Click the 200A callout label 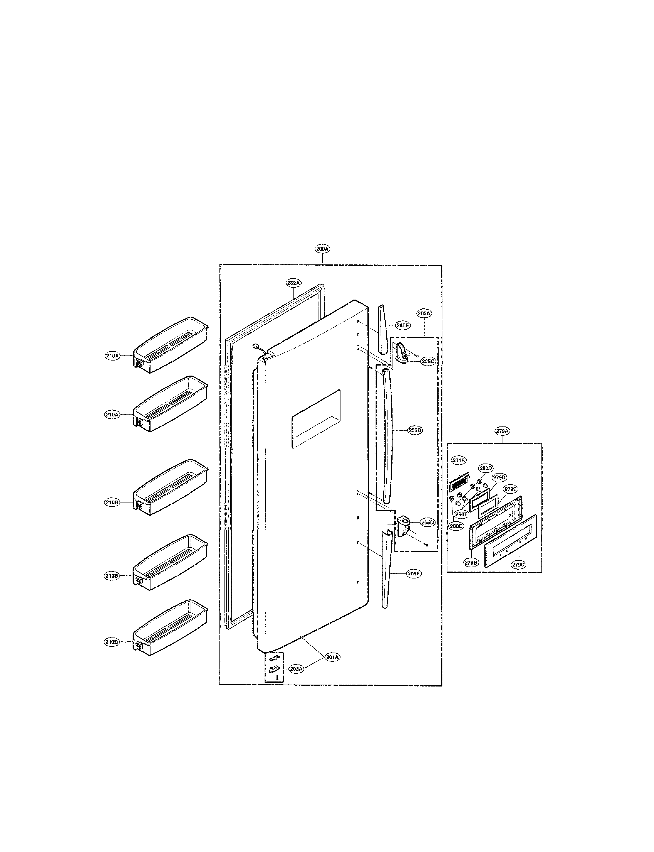[322, 249]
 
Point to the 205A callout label [424, 313]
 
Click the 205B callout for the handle [415, 431]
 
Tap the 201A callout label [333, 657]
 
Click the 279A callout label [502, 431]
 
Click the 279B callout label [471, 562]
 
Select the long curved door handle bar [386, 436]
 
